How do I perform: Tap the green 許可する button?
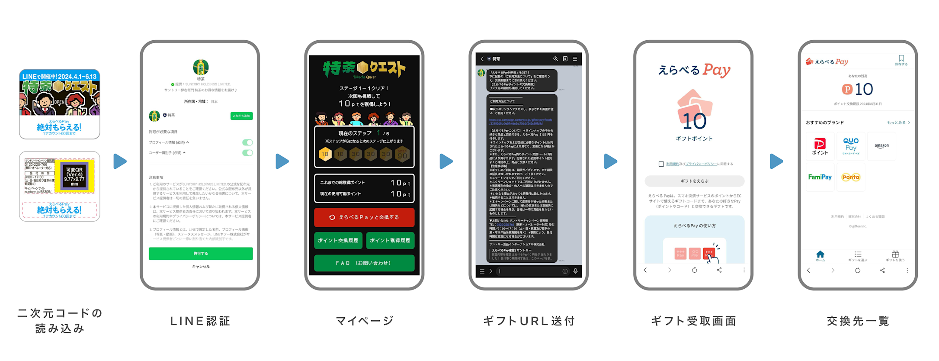[x=200, y=254]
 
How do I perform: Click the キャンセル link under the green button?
[x=201, y=267]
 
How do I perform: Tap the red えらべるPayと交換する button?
[x=364, y=217]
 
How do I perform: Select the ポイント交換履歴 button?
[x=338, y=241]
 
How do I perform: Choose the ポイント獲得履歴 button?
[x=390, y=241]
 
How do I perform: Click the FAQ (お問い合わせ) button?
[x=364, y=263]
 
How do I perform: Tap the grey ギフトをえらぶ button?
[x=694, y=181]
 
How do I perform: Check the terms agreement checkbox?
[x=661, y=164]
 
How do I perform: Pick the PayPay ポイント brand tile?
[x=820, y=146]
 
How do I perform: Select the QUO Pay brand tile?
[x=851, y=146]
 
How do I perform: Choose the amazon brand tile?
[x=881, y=146]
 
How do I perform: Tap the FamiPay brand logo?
[x=820, y=177]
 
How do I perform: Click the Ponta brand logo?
[x=851, y=177]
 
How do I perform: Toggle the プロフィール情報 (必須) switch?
[x=247, y=142]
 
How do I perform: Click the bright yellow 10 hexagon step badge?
[x=325, y=154]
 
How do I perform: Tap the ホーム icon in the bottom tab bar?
[x=820, y=256]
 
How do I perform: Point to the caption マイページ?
[x=365, y=321]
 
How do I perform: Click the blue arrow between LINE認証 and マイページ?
[x=282, y=161]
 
